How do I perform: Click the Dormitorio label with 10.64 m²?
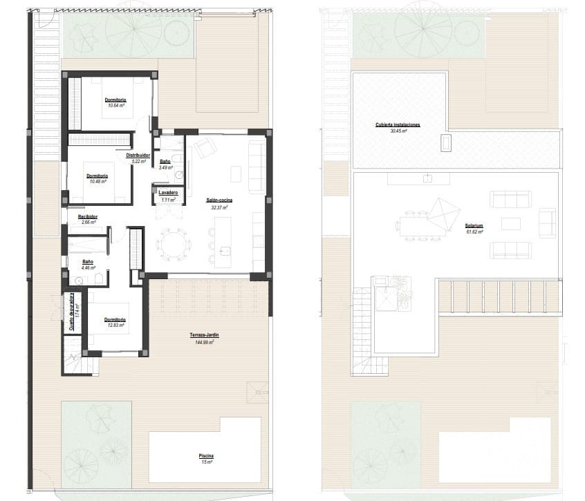pos(115,100)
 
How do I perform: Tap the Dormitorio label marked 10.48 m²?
pos(98,176)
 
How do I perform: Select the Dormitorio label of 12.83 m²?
pos(115,320)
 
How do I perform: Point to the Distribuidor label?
pos(138,155)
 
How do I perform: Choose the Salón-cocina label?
pos(218,200)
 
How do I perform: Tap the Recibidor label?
pos(88,217)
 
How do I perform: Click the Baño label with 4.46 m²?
pos(88,262)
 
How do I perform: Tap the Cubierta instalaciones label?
pos(398,125)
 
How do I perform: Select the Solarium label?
pos(474,226)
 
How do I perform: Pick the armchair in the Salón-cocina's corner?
pos(205,148)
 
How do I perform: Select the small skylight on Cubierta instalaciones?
pos(445,143)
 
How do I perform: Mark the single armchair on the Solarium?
pos(547,223)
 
